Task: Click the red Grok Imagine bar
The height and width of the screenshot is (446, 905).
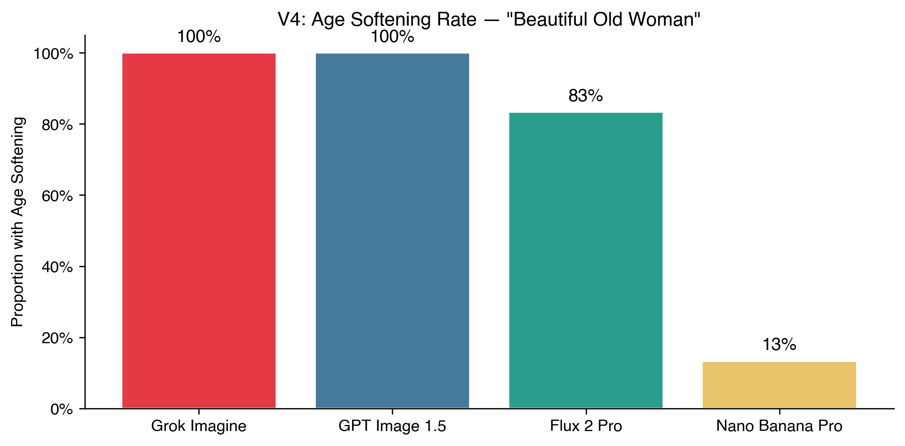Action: tap(199, 231)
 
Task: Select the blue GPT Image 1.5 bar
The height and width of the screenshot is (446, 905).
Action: tap(392, 231)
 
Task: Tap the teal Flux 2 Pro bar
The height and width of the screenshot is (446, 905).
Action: tap(586, 260)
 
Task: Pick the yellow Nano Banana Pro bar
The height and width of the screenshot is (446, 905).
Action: tap(779, 385)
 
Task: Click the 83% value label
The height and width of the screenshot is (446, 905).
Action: tap(585, 96)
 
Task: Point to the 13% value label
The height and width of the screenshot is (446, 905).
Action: tap(779, 345)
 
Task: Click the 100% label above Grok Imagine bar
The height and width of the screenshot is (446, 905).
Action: tap(199, 37)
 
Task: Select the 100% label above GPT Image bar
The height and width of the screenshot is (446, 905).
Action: tap(392, 37)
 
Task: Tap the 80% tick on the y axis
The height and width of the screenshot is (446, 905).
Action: tap(57, 125)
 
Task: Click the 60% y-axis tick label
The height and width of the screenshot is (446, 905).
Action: tap(57, 196)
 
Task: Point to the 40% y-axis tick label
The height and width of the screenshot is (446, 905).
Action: tap(57, 267)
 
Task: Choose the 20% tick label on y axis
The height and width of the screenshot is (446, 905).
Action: tap(57, 338)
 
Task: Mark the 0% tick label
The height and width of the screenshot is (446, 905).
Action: tap(62, 409)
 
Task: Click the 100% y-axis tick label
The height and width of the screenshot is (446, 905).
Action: tap(54, 54)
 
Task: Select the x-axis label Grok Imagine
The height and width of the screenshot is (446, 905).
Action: tap(199, 426)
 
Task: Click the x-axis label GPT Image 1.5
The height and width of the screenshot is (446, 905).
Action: tap(392, 426)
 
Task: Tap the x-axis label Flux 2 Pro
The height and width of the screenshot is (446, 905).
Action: tap(586, 426)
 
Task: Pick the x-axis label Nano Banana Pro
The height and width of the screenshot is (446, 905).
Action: tap(779, 426)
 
